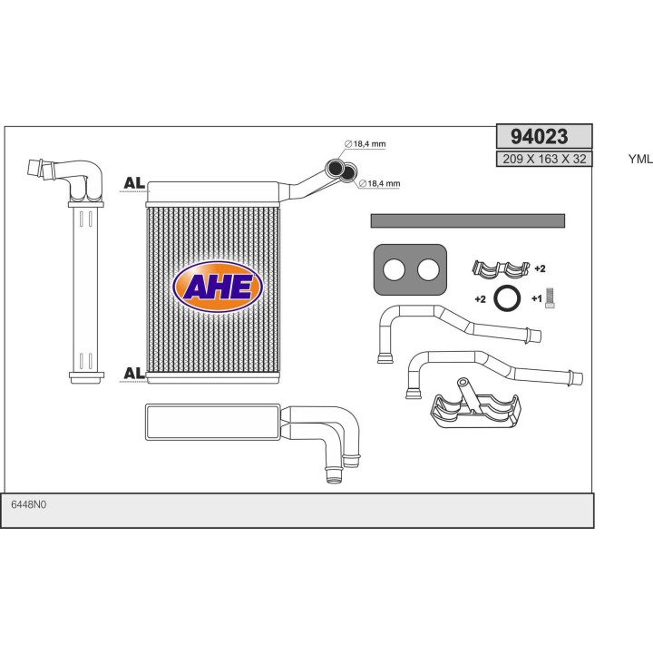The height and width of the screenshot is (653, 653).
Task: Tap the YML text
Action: pos(639,160)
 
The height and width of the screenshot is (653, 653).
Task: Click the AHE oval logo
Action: pos(217,287)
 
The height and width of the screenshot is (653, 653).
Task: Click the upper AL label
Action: pos(133,184)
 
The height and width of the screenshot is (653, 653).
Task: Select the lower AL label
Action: pos(133,374)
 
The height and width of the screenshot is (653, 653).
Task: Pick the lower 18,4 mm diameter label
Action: pos(379,184)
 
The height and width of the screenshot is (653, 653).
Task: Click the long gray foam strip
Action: pos(468,220)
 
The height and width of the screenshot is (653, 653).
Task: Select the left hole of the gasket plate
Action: pos(394,269)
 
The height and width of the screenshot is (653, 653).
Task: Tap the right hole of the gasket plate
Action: pos(428,269)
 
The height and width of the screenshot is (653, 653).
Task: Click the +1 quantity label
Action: pos(536,299)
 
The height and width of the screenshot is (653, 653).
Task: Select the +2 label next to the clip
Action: pos(540,269)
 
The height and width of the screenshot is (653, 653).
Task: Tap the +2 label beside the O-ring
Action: pos(481,298)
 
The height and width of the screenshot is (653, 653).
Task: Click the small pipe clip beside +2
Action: pos(501,268)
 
